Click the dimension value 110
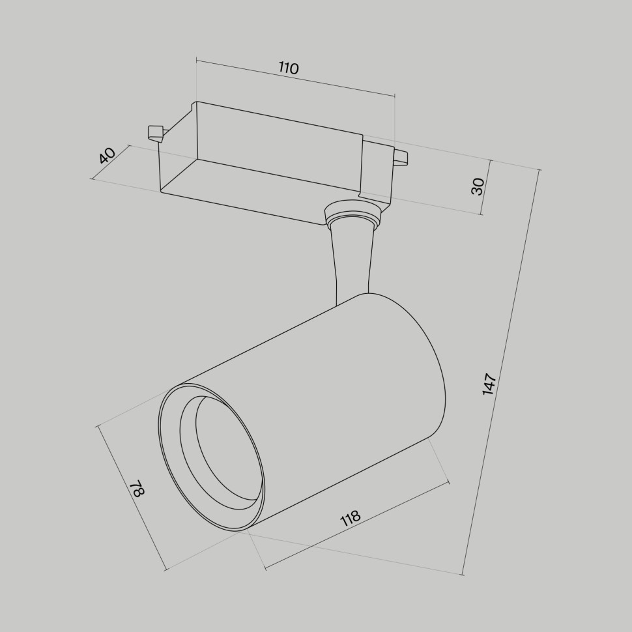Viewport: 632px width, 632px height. (289, 68)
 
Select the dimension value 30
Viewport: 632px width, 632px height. (478, 186)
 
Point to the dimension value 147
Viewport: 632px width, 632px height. (490, 384)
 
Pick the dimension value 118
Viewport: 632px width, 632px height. (350, 518)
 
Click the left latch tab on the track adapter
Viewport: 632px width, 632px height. (155, 132)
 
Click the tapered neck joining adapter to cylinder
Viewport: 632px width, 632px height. (352, 261)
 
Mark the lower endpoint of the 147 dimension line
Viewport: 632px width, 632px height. (463, 575)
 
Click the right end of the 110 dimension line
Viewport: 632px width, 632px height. (395, 96)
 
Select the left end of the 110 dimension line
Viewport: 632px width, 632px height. (196, 61)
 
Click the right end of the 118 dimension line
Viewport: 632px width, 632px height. (449, 482)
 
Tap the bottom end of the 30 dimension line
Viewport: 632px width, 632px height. (481, 214)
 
